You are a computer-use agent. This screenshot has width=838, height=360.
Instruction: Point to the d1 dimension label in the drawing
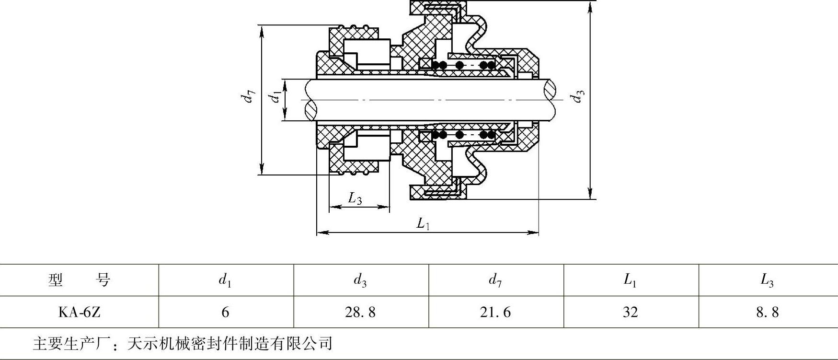pyautogui.click(x=275, y=97)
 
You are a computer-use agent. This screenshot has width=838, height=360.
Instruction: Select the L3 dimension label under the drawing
pyautogui.click(x=355, y=198)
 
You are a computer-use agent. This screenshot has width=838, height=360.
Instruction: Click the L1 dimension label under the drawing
pyautogui.click(x=423, y=223)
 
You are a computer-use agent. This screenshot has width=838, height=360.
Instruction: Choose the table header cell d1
pyautogui.click(x=225, y=280)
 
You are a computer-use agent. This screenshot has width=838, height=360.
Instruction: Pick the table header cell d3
pyautogui.click(x=360, y=280)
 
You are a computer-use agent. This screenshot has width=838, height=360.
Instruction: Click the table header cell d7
pyautogui.click(x=495, y=280)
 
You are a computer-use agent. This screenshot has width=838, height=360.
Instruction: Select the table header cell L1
pyautogui.click(x=631, y=280)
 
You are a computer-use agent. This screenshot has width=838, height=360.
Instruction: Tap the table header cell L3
pyautogui.click(x=767, y=280)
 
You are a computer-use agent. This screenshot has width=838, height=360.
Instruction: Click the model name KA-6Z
pyautogui.click(x=80, y=313)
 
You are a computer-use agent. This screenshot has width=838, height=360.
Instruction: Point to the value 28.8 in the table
pyautogui.click(x=360, y=313)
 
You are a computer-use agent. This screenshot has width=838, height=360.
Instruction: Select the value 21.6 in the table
pyautogui.click(x=495, y=313)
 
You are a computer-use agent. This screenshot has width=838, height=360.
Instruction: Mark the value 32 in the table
pyautogui.click(x=631, y=313)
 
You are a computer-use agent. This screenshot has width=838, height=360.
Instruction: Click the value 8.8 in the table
pyautogui.click(x=767, y=313)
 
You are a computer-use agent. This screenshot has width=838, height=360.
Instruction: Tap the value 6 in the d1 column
pyautogui.click(x=225, y=313)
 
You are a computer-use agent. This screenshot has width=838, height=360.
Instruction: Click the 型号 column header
pyautogui.click(x=80, y=279)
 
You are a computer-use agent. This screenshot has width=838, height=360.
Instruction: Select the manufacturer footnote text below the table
pyautogui.click(x=183, y=343)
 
